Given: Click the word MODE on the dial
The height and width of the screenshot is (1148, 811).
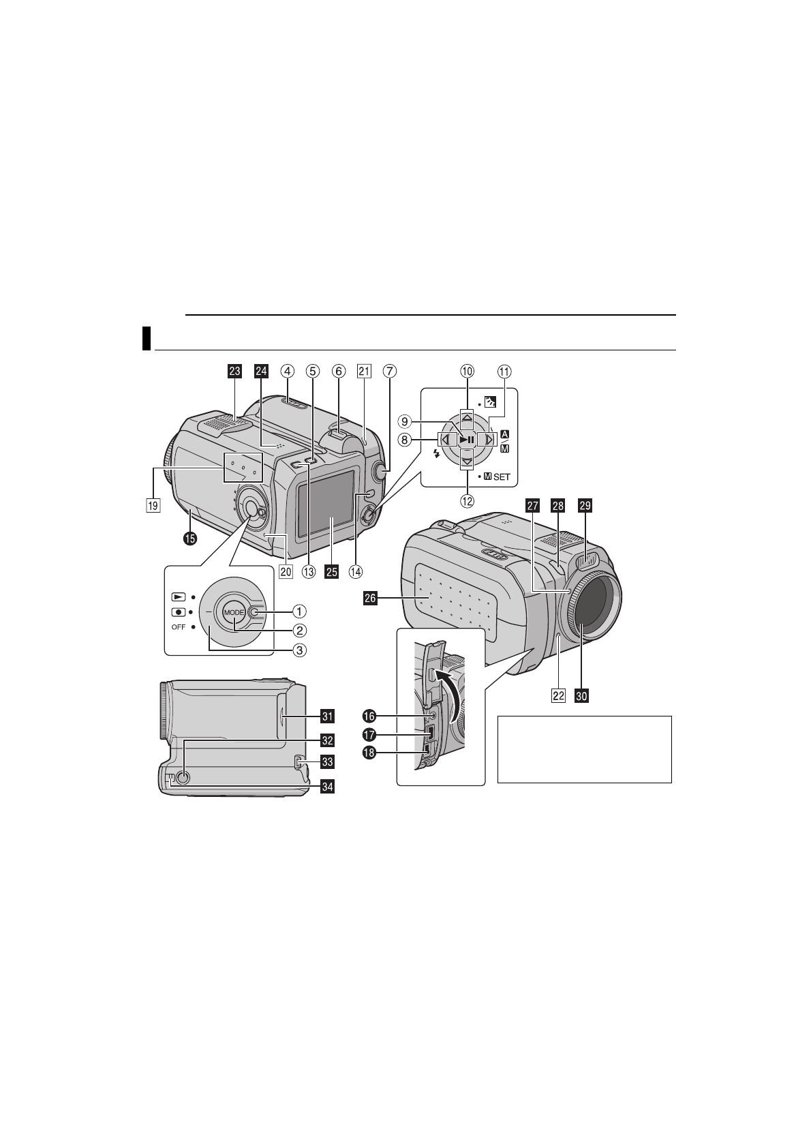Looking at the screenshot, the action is (233, 612).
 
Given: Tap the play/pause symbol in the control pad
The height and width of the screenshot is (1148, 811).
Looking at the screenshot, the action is (467, 440).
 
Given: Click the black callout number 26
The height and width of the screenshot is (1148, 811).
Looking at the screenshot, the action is (370, 599).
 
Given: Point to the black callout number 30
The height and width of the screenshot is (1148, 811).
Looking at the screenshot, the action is (581, 696).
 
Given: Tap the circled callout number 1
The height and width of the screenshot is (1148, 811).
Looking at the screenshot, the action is (299, 611).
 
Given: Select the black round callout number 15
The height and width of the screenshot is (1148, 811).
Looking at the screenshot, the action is (189, 538).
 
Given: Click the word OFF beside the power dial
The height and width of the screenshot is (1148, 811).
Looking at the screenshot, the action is (178, 627).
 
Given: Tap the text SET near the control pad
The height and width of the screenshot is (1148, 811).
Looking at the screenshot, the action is (502, 477).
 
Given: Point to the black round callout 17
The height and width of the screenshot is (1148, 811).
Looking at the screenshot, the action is (369, 735).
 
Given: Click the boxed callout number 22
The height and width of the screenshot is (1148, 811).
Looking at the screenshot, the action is (559, 696).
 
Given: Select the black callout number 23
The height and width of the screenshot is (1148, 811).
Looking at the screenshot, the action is (234, 371).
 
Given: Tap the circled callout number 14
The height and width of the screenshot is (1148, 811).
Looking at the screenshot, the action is (355, 571).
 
